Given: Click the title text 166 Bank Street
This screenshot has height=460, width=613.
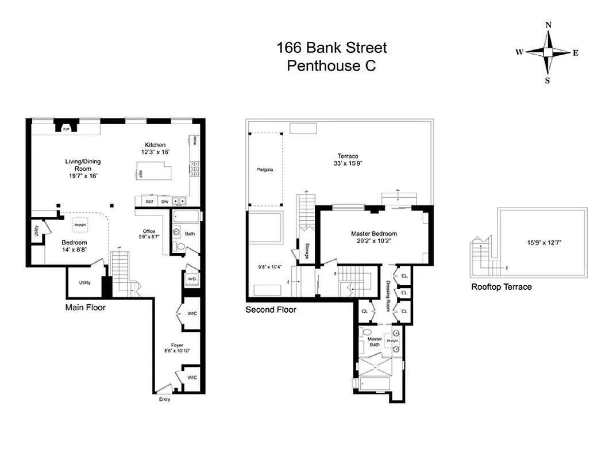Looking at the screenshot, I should click(331, 48).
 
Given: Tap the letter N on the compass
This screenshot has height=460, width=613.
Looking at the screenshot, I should click(548, 25).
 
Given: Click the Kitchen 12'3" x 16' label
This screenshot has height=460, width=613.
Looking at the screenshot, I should click(155, 148).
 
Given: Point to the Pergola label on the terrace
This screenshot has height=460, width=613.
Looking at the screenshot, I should click(265, 170).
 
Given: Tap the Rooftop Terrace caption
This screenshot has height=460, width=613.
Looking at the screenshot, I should click(501, 287).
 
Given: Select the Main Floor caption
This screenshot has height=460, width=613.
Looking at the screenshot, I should click(85, 308).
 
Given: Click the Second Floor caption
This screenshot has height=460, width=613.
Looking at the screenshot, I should click(271, 310).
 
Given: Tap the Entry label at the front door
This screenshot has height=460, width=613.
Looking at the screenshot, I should click(164, 399).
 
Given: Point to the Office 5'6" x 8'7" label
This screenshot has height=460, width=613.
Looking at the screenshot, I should click(149, 233).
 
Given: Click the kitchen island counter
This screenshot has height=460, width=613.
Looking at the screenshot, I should click(153, 171).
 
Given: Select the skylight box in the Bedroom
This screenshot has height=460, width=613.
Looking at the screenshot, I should click(80, 225).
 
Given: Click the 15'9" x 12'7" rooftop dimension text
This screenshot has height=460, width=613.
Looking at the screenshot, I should click(544, 243).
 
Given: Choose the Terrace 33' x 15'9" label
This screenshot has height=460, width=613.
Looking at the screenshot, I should click(348, 159).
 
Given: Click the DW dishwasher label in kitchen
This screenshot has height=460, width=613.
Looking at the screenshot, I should click(164, 202).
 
